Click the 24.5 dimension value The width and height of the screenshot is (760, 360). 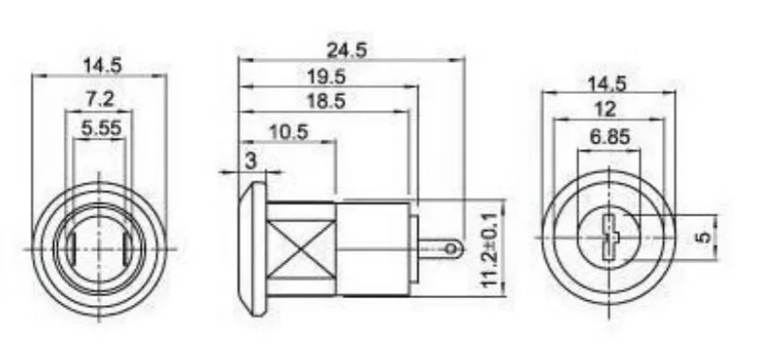pos(347,49)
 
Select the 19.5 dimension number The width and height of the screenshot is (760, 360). pos(326,76)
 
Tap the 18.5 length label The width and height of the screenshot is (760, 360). pos(326,102)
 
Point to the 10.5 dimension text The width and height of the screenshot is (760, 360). pos(289,131)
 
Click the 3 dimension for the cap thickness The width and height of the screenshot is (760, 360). pos(251,161)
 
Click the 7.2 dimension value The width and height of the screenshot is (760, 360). pos(100,100)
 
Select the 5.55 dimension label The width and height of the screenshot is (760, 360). pos(101,128)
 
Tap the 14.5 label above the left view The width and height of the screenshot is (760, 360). pos(102,66)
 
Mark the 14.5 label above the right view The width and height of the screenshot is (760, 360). pos(607,84)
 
